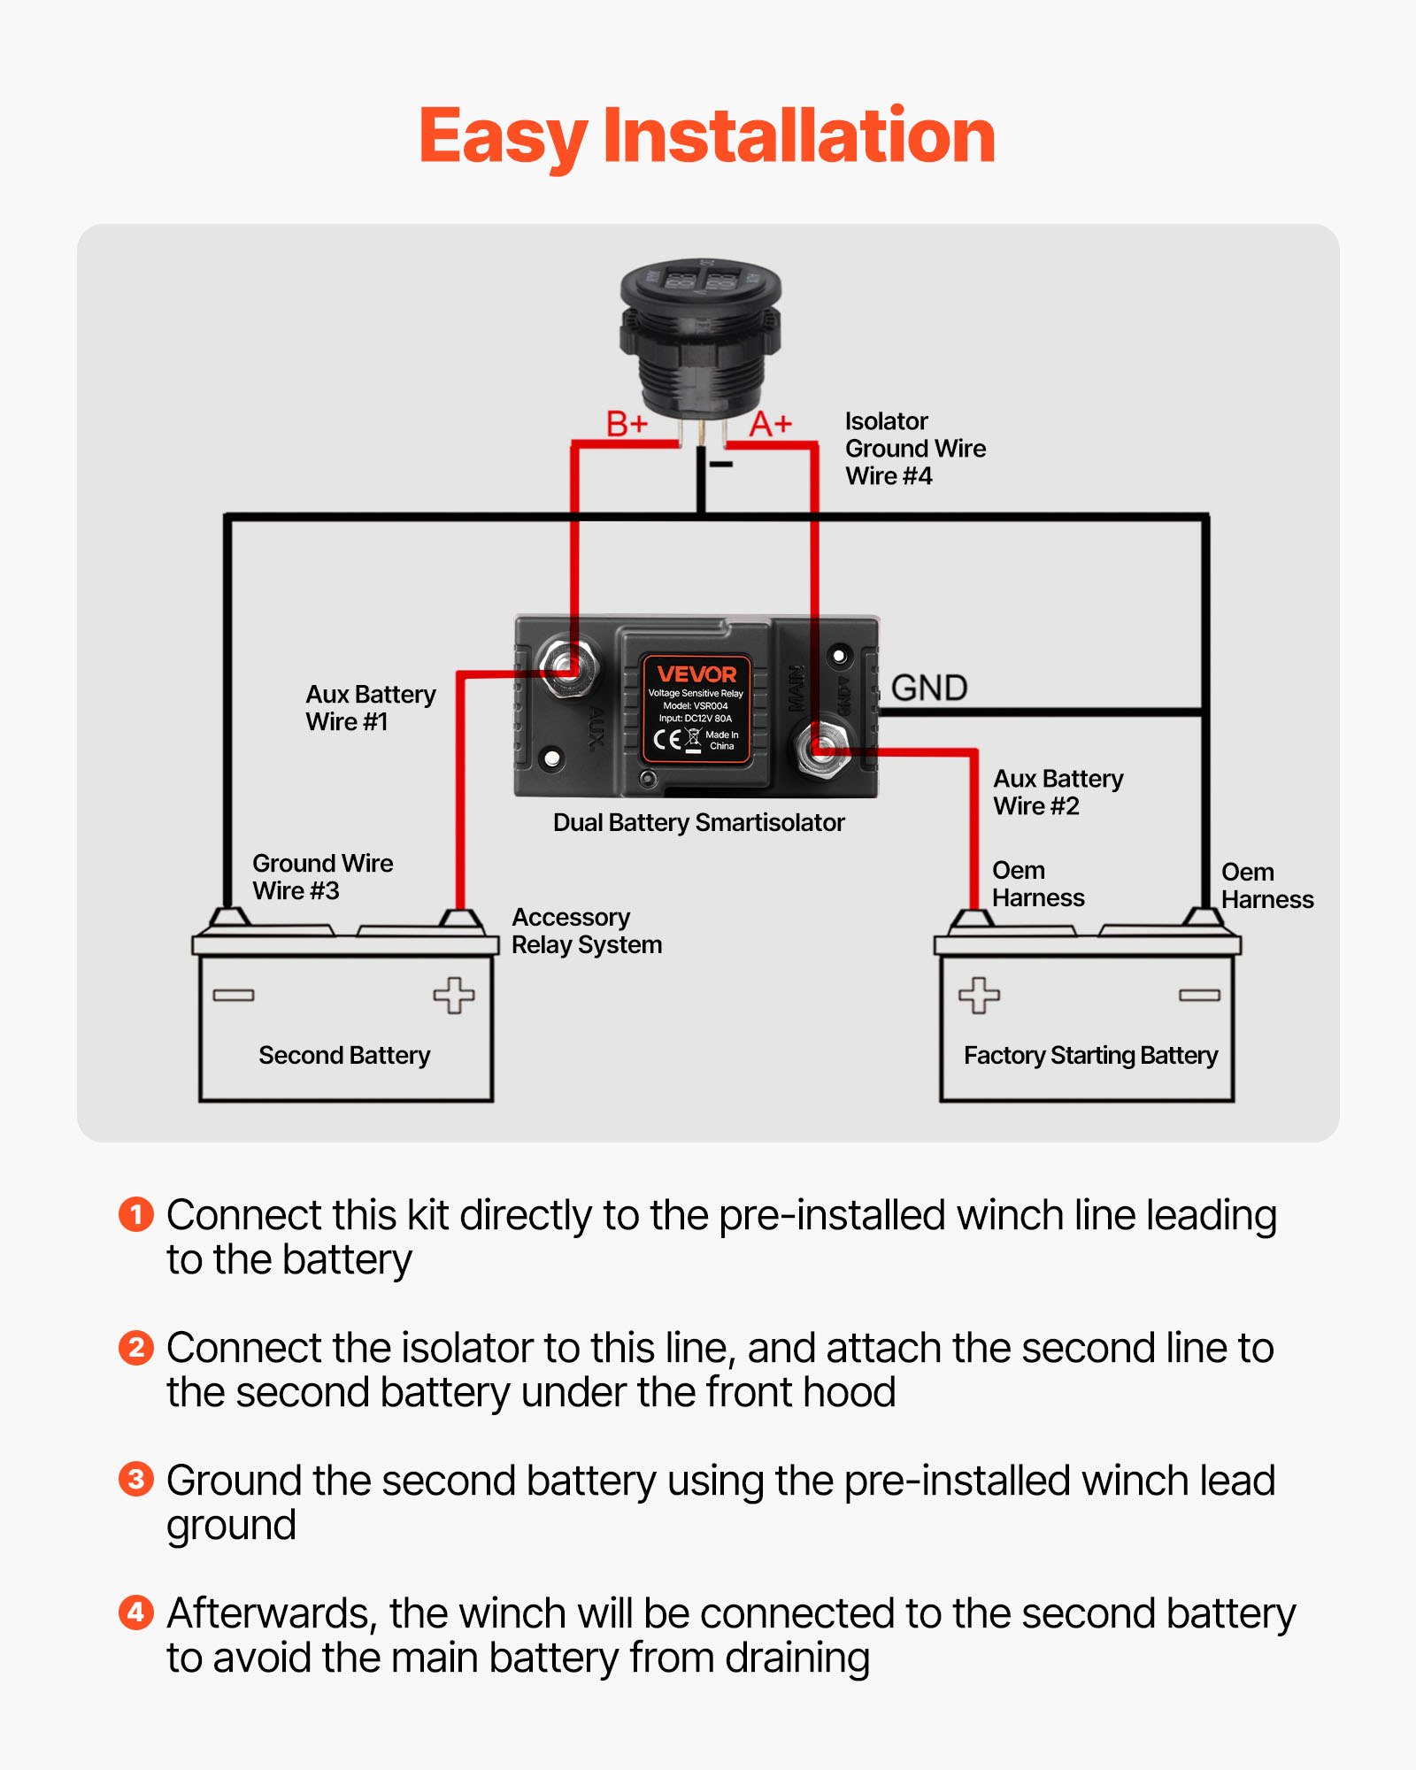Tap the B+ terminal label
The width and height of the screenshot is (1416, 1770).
point(627,424)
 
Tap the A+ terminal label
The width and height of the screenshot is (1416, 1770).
point(770,425)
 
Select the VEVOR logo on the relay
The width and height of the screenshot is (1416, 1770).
point(696,673)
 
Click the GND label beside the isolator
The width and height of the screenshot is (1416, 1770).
point(929,688)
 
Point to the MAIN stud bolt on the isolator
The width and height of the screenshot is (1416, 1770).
point(824,749)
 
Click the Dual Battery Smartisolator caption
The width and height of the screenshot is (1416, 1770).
point(698,822)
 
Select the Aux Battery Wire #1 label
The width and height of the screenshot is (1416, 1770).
point(370,707)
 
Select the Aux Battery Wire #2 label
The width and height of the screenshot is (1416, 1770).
point(1058,792)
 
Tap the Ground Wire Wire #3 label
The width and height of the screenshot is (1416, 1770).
point(322,876)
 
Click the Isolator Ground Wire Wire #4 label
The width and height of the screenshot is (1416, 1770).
point(914,449)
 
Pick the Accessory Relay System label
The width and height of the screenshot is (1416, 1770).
point(586,930)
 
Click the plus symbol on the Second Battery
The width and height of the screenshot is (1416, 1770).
point(453,995)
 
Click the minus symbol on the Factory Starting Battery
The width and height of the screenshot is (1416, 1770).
point(1199,996)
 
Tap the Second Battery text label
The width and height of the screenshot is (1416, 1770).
point(344,1055)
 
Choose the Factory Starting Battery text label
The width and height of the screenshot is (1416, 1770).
point(1090,1055)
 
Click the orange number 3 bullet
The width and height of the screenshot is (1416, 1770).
point(136,1479)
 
